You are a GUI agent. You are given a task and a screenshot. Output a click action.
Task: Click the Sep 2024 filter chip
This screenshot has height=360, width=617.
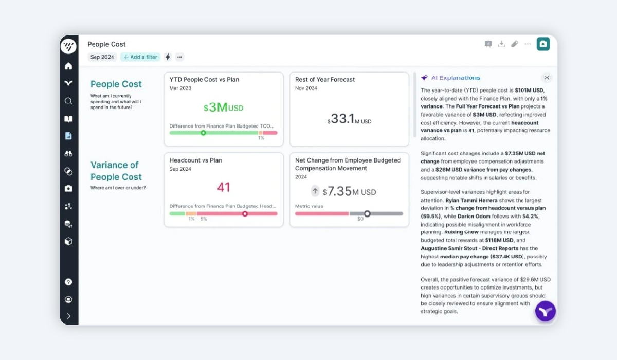(102, 57)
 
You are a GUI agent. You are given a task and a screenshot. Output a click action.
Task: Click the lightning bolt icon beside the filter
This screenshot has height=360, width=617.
(168, 57)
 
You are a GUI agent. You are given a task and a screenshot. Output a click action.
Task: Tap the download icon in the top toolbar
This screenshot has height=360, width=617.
(501, 44)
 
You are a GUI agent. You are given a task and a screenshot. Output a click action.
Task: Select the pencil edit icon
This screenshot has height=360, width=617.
(515, 44)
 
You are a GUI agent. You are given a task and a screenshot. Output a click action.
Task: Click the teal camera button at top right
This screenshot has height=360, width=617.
(543, 44)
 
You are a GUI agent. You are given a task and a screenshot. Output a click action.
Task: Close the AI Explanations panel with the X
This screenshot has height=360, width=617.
(547, 78)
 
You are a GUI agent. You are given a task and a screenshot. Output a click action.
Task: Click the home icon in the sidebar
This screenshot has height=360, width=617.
(68, 66)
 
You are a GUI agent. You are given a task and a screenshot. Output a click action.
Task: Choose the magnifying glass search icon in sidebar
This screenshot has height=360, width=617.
(68, 101)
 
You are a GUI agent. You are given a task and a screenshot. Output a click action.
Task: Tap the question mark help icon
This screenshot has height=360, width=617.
(68, 282)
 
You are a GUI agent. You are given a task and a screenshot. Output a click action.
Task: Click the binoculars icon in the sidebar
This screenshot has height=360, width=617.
(68, 154)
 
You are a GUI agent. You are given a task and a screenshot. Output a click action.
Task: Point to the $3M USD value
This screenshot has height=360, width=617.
(223, 107)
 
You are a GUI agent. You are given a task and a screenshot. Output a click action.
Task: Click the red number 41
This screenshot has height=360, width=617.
(223, 187)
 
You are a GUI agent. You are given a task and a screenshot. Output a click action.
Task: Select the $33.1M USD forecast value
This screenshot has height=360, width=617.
(349, 119)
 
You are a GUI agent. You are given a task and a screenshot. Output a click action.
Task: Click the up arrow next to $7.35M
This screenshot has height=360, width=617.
(315, 191)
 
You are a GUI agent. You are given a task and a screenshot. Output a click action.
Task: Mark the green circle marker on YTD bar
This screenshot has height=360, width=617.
(203, 133)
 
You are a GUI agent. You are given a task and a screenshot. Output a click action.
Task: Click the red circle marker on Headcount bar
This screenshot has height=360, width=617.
(245, 214)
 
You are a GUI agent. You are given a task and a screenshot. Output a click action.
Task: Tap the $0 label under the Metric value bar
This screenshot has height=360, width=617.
(360, 219)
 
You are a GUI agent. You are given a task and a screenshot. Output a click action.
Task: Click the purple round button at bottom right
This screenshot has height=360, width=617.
(545, 311)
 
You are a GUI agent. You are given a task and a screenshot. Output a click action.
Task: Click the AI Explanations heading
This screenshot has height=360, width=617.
(456, 78)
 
